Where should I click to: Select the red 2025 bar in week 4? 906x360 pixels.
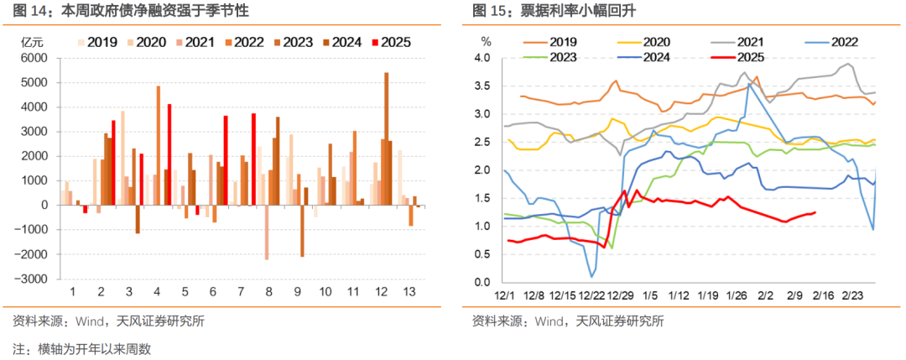[x=169, y=154]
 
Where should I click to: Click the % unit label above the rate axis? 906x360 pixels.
[x=486, y=40]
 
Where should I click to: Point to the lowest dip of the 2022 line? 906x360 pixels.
[x=591, y=276]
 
